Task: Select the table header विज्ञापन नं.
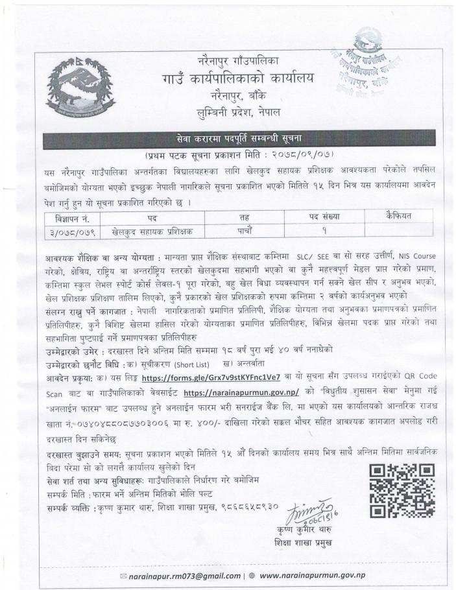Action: (x=71, y=217)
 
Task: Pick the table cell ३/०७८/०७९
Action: (x=71, y=230)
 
